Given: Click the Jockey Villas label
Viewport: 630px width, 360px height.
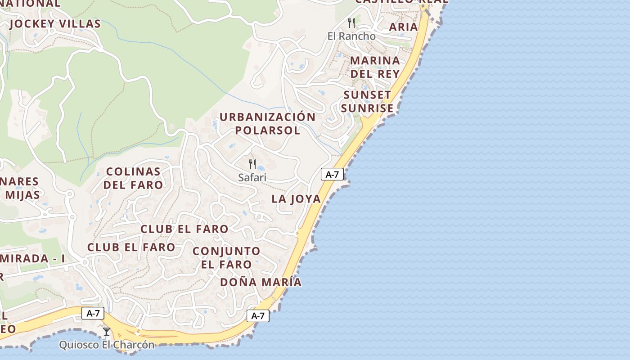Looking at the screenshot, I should click(x=54, y=24).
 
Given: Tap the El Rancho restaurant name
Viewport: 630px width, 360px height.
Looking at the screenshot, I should click(x=351, y=36).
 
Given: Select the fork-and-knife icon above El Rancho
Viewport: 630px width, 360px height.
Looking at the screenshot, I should click(x=351, y=22).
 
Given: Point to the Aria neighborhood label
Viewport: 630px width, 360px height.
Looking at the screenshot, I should click(x=403, y=27).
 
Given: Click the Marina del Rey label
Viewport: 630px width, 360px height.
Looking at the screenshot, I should click(x=375, y=67).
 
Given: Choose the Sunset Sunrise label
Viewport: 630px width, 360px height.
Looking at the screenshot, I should click(x=367, y=102).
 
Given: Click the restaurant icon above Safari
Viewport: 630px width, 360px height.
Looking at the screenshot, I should click(x=252, y=164).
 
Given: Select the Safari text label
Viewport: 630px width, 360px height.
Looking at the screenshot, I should click(x=252, y=177).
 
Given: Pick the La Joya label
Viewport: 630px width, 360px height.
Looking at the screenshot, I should click(x=296, y=199).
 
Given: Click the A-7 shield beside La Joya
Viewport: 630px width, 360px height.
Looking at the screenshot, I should click(x=332, y=174).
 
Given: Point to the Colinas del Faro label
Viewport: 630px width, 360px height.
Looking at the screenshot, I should click(x=133, y=178).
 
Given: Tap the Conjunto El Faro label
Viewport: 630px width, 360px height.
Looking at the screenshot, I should click(x=226, y=257).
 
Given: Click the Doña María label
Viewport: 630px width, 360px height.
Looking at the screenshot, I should click(x=261, y=282).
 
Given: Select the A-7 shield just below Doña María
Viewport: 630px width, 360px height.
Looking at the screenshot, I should click(x=258, y=315).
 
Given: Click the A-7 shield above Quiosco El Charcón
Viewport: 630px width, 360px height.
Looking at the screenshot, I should click(x=93, y=313).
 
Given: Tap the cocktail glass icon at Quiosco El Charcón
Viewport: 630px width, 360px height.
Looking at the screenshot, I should click(x=107, y=332).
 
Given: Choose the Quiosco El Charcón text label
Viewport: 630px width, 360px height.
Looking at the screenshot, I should click(x=107, y=345).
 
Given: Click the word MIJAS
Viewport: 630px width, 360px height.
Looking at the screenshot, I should click(x=22, y=195).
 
